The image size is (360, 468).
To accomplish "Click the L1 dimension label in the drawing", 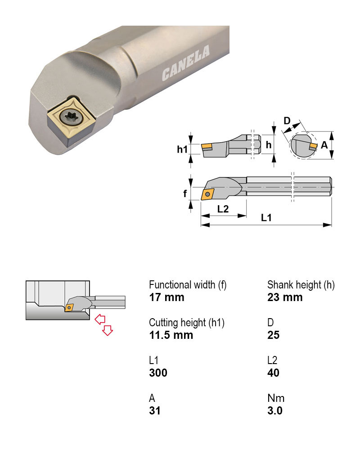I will coord(266,217).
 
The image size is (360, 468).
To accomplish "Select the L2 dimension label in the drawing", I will coord(223,209).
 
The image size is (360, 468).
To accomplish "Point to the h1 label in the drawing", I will coord(182,149).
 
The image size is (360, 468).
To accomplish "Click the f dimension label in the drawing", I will coord(184,194).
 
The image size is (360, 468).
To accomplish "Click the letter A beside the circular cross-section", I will coord(324,145).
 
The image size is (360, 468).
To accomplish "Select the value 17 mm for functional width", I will coord(166,297).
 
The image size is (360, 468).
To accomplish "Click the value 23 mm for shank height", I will coord(285,297).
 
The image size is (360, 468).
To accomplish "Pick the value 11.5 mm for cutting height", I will coord(171,335).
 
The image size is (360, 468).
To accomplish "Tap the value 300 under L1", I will coord(158,373).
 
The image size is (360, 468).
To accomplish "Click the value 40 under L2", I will coord(273,373).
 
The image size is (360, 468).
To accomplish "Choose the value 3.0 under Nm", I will coord(274,410).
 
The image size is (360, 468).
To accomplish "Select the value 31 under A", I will coord(154,410).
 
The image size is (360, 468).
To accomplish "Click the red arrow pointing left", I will coord(100,319).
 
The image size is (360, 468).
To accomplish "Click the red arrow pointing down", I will coord(107,331).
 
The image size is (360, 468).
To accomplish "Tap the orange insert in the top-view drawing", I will coord(208,194).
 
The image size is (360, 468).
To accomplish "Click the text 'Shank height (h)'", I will coord(301,285).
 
